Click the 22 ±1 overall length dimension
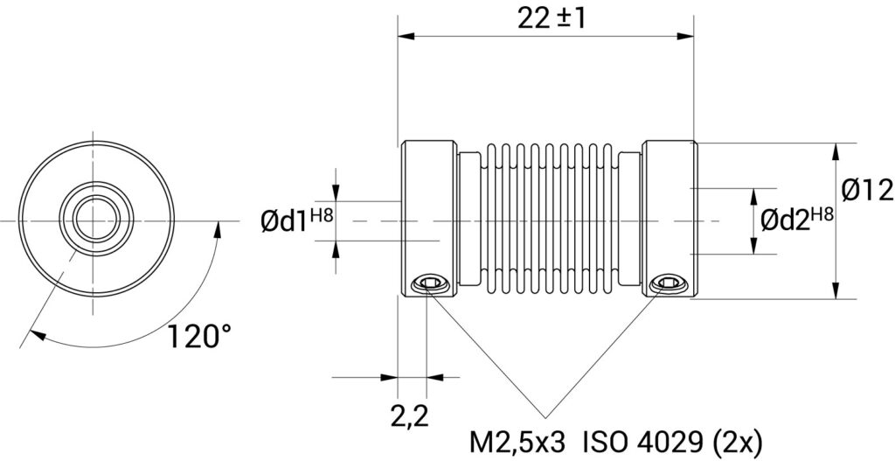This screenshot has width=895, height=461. pyautogui.click(x=552, y=19)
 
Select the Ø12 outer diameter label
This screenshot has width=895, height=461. pyautogui.click(x=867, y=190)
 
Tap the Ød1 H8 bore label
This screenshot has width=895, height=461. pyautogui.click(x=297, y=220)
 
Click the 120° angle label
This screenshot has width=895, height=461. pyautogui.click(x=200, y=336)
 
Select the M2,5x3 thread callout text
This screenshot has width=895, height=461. pyautogui.click(x=517, y=443)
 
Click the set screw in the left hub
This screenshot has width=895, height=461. pyautogui.click(x=428, y=283)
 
